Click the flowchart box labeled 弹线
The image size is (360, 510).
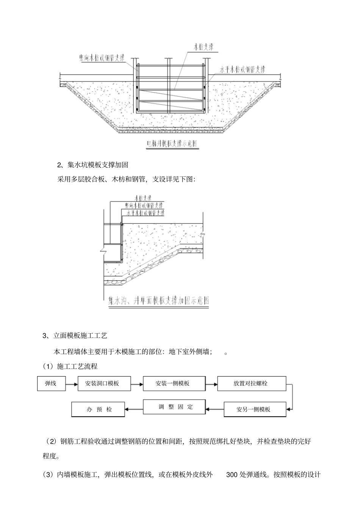tap(51, 383)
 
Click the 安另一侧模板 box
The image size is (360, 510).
tap(253, 410)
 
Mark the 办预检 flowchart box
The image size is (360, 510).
tap(98, 410)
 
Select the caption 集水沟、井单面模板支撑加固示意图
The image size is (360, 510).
tap(158, 301)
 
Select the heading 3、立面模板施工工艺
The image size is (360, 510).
tap(75, 335)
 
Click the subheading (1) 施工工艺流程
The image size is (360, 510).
tap(70, 366)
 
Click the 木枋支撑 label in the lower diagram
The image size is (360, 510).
tap(144, 198)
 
